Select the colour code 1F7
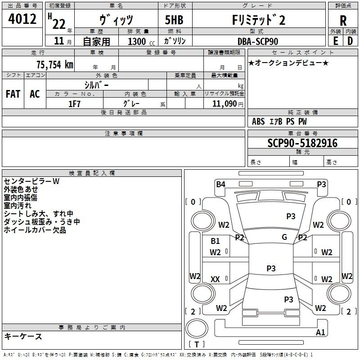coord(74,103)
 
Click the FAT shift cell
coord(13,94)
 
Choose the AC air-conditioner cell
coord(35,94)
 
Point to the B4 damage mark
coord(220,184)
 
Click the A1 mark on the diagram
coord(320,333)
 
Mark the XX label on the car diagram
coord(215,279)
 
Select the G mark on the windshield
coord(284,237)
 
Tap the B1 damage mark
coord(216,241)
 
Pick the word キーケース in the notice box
coord(23,336)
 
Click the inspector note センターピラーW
coord(31,182)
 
